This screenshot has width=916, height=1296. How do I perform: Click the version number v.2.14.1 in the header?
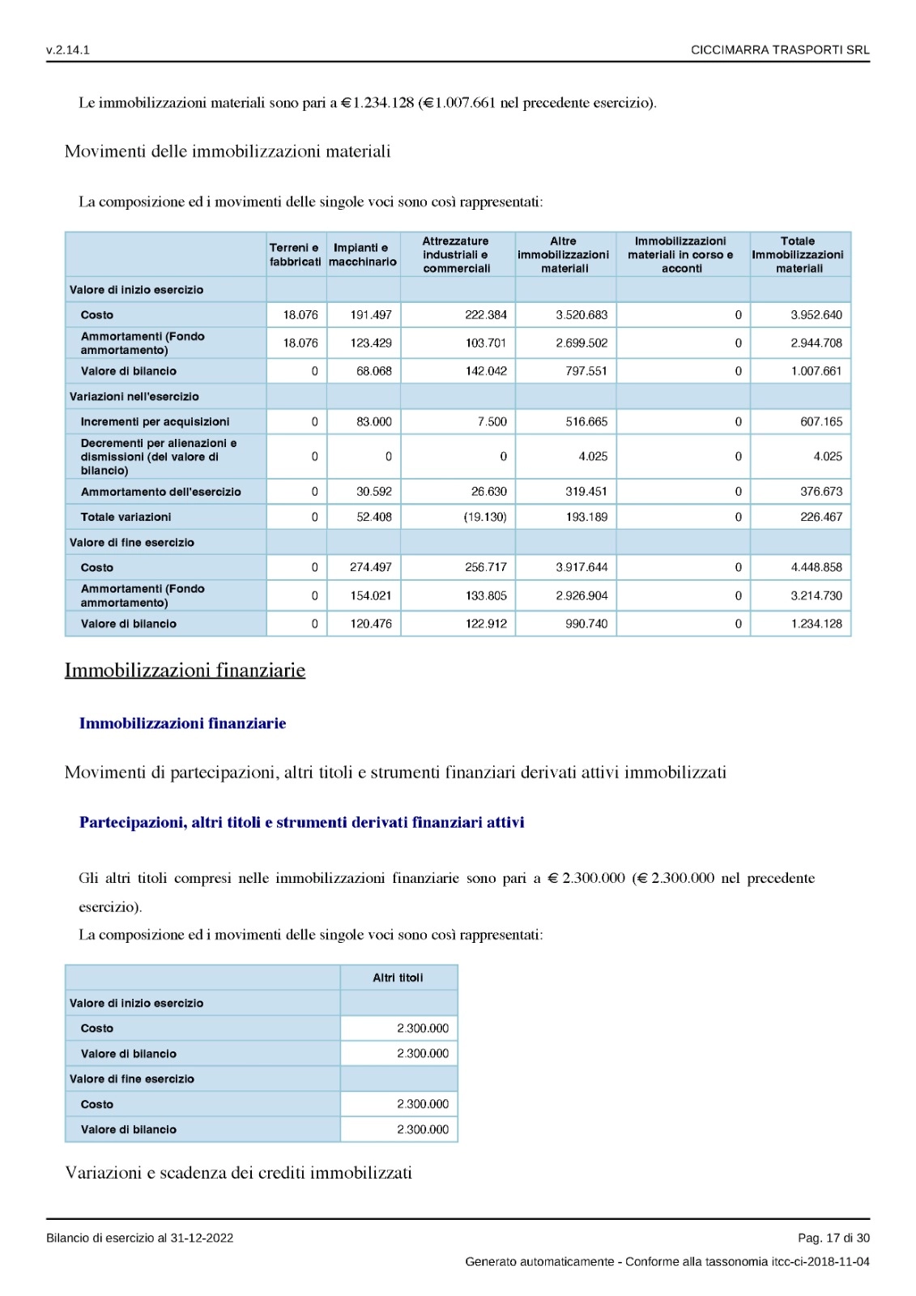coord(68,49)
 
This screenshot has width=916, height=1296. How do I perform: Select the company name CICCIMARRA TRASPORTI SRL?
coord(780,49)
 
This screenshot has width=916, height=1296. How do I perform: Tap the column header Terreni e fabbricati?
coord(296,254)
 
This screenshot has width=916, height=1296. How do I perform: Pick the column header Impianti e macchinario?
coord(363,254)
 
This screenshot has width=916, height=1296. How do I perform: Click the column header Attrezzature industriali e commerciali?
coord(457,254)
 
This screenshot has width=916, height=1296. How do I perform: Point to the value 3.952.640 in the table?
coord(816,315)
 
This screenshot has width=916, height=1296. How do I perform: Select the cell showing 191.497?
coord(371,315)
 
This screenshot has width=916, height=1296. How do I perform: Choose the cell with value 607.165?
coord(820,422)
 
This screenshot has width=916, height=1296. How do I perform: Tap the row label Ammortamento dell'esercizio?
coord(160,492)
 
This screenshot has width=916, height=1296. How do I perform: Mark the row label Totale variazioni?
coord(126,517)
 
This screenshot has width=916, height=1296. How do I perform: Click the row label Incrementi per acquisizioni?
coord(155,422)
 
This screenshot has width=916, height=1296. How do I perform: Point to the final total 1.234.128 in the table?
coord(816,624)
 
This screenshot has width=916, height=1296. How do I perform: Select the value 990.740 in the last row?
coord(586,624)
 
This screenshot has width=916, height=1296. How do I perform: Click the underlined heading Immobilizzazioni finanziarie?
coord(185,671)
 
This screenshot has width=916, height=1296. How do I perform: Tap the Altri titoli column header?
coord(398,978)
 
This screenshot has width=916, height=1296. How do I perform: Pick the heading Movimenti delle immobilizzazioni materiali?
coord(228,151)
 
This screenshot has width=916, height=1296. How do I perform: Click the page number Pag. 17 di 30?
coord(833,1238)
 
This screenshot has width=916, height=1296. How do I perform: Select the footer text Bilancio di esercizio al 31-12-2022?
coord(139,1238)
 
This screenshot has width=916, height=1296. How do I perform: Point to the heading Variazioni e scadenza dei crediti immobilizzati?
coord(238,1173)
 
